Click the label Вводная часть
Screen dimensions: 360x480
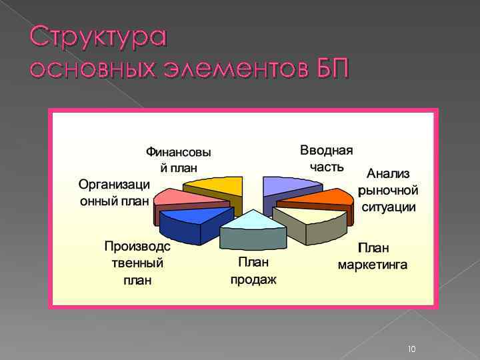tap(326, 157)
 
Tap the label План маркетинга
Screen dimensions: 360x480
tap(373, 256)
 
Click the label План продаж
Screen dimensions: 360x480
tap(253, 271)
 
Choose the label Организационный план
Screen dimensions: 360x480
tap(114, 191)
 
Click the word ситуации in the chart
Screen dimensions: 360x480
tap(389, 207)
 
